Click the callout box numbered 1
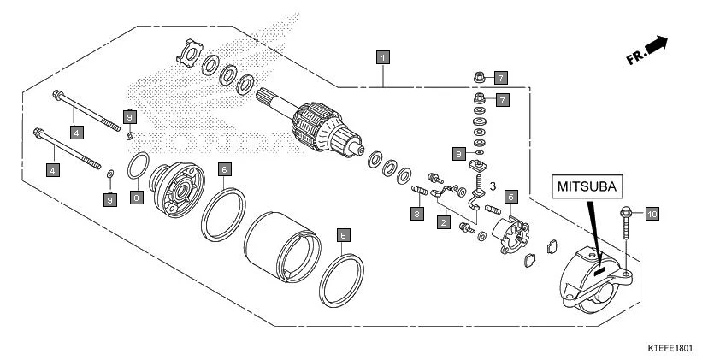384,57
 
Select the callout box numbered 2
443,222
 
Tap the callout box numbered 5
510,197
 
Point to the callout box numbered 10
652,214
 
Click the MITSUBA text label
587,186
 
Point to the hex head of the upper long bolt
56,96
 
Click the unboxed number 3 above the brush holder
493,186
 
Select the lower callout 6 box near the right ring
343,233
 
